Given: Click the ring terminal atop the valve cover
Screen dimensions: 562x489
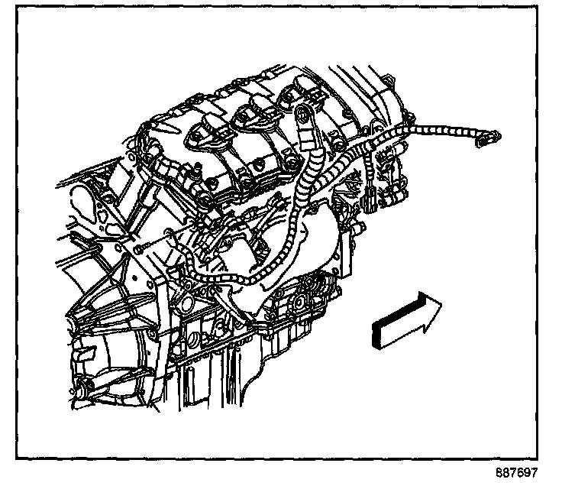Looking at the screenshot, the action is pos(303,116).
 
